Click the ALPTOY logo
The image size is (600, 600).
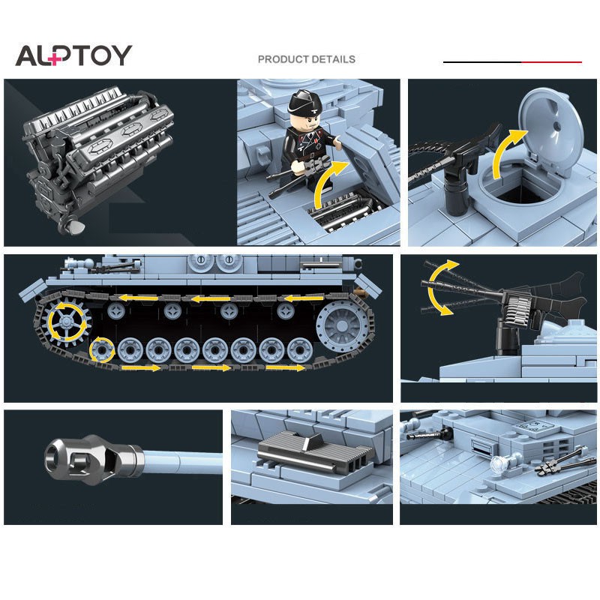click(x=73, y=55)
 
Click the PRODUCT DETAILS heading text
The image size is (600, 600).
click(x=306, y=59)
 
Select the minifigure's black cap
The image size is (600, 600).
click(x=307, y=99)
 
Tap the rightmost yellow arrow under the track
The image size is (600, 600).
click(x=285, y=368)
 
